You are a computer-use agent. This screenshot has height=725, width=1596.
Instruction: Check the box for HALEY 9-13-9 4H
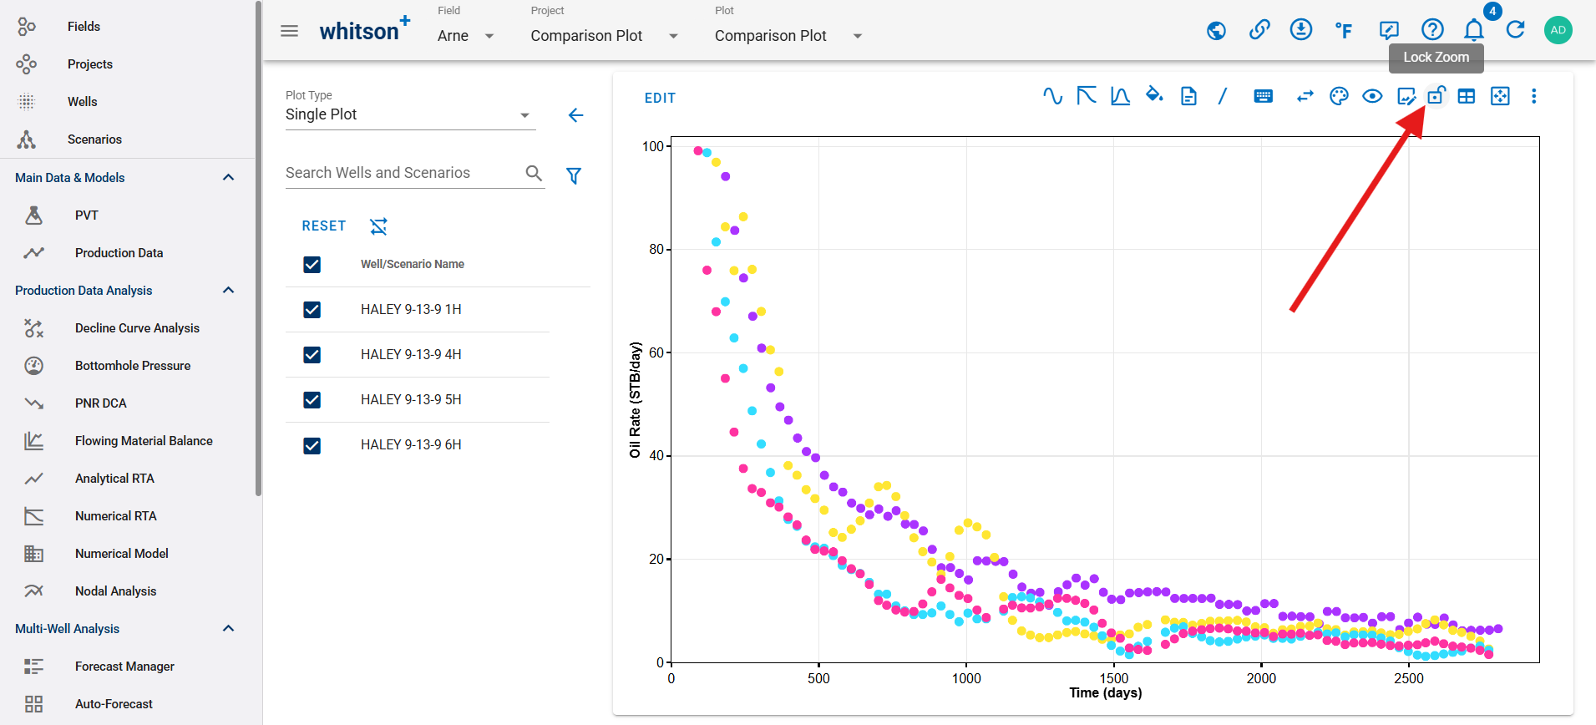pyautogui.click(x=312, y=355)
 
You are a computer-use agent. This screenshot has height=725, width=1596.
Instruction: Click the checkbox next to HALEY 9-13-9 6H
pyautogui.click(x=312, y=445)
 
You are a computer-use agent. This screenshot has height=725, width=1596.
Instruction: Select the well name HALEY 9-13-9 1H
pyautogui.click(x=411, y=310)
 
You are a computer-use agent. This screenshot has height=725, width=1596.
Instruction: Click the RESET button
pyautogui.click(x=324, y=226)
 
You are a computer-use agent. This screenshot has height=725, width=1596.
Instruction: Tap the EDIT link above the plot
pyautogui.click(x=660, y=99)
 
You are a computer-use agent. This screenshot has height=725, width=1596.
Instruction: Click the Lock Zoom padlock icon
pyautogui.click(x=1436, y=96)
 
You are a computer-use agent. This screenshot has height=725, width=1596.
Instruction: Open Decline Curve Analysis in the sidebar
pyautogui.click(x=137, y=328)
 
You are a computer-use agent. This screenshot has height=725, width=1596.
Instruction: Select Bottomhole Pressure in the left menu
pyautogui.click(x=133, y=366)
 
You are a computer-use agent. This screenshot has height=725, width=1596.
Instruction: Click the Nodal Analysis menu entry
pyautogui.click(x=115, y=591)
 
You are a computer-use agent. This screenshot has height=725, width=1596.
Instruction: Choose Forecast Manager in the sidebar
pyautogui.click(x=124, y=667)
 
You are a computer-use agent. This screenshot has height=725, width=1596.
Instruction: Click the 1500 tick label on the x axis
pyautogui.click(x=1113, y=678)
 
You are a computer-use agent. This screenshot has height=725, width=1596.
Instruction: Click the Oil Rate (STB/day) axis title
pyautogui.click(x=636, y=400)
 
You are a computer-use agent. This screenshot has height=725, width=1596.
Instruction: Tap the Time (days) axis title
pyautogui.click(x=1106, y=692)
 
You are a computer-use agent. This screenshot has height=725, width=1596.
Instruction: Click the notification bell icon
pyautogui.click(x=1474, y=31)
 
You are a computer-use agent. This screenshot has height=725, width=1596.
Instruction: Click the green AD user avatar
pyautogui.click(x=1558, y=30)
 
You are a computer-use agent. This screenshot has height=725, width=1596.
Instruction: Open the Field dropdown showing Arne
pyautogui.click(x=466, y=36)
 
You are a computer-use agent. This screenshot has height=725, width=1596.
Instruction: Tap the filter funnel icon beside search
pyautogui.click(x=574, y=175)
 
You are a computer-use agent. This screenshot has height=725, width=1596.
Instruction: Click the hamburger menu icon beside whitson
pyautogui.click(x=289, y=31)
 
